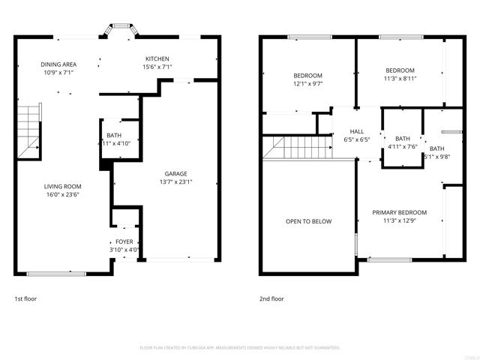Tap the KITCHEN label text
[157, 59]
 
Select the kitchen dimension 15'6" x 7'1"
[157, 67]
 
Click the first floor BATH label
[114, 135]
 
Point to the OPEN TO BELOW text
[308, 221]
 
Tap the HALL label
[357, 131]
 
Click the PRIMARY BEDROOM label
[400, 213]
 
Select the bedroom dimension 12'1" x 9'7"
[307, 84]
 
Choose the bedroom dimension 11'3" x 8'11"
[400, 79]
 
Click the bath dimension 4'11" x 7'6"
[402, 146]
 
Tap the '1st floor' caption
[25, 298]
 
